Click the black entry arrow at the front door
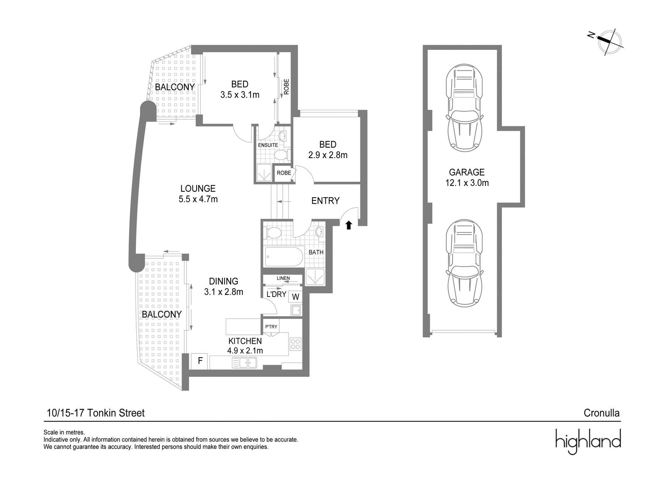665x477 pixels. pyautogui.click(x=349, y=225)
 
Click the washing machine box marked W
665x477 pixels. pyautogui.click(x=296, y=297)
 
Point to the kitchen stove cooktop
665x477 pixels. pyautogui.click(x=296, y=344)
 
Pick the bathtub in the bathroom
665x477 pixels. pyautogui.click(x=284, y=257)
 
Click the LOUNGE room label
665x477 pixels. pyautogui.click(x=198, y=188)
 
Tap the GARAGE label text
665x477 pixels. pyautogui.click(x=467, y=172)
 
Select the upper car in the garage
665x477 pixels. pyautogui.click(x=464, y=108)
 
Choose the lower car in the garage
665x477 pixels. pyautogui.click(x=464, y=263)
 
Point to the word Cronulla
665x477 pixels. pyautogui.click(x=601, y=413)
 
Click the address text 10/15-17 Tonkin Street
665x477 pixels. pyautogui.click(x=96, y=413)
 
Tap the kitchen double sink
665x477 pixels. pyautogui.click(x=244, y=363)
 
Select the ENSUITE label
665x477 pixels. pyautogui.click(x=268, y=145)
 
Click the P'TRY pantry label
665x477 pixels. pyautogui.click(x=271, y=327)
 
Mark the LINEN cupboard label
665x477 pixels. pyautogui.click(x=283, y=278)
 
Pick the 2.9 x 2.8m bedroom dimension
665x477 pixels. pyautogui.click(x=328, y=155)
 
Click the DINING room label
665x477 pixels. pyautogui.click(x=224, y=281)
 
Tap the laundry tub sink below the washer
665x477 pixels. pyautogui.click(x=296, y=310)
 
